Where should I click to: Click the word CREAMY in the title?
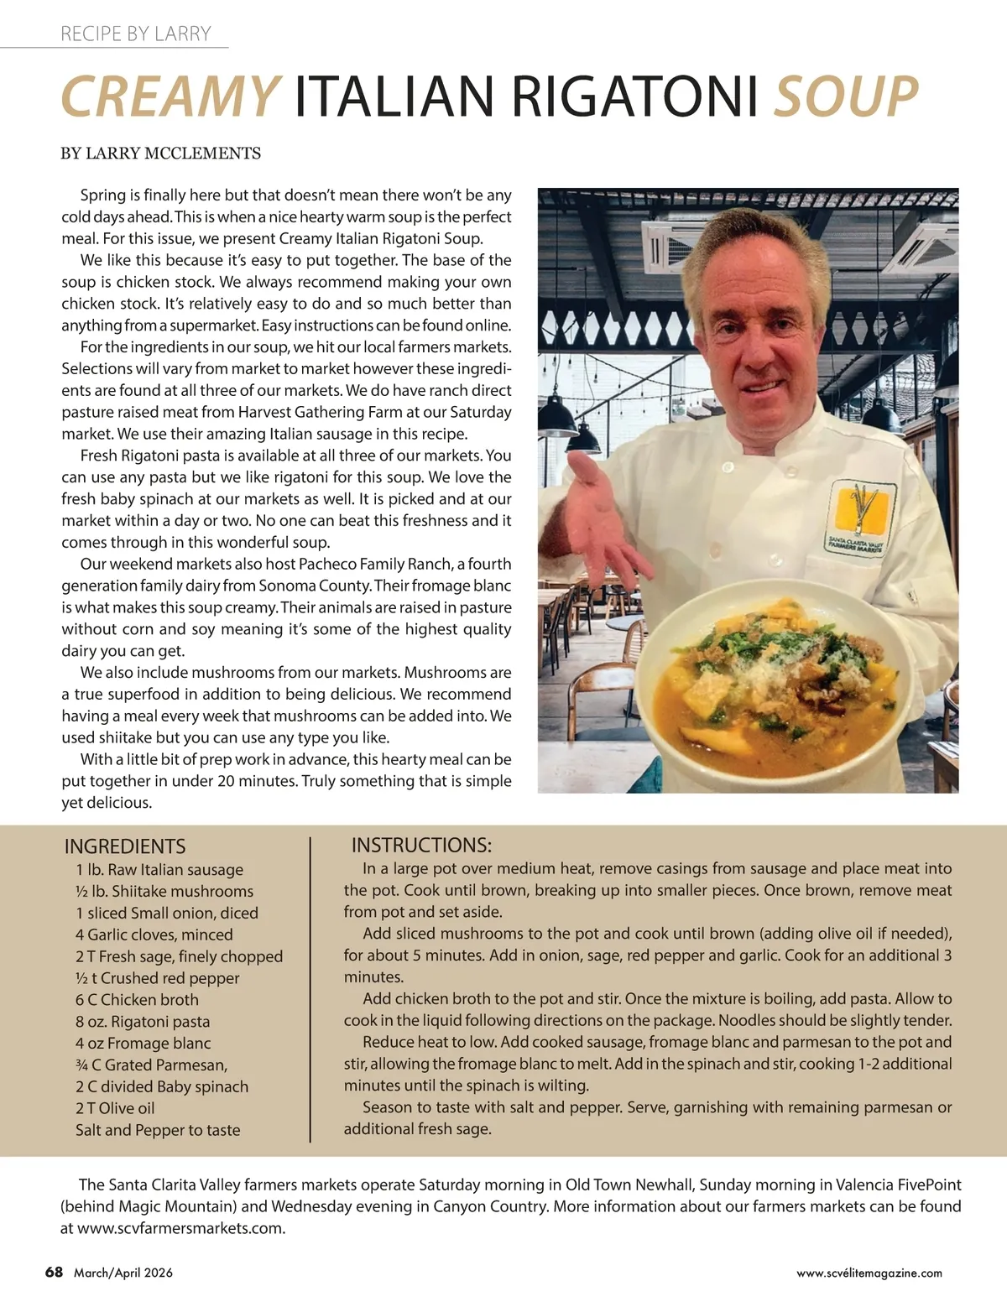(x=170, y=96)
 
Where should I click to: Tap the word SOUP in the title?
(x=845, y=96)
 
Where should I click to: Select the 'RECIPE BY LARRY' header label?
(x=135, y=34)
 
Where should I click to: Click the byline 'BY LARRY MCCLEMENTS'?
(x=160, y=154)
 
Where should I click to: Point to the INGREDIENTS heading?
(x=125, y=846)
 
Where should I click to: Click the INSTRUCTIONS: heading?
(x=421, y=845)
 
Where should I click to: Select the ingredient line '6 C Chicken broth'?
(x=137, y=1000)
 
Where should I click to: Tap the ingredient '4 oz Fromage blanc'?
(x=143, y=1044)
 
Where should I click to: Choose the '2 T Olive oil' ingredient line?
(x=115, y=1108)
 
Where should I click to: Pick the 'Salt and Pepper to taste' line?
(x=158, y=1130)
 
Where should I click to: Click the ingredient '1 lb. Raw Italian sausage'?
(x=159, y=870)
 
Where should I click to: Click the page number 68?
(x=54, y=1272)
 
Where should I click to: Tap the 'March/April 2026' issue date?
(x=123, y=1273)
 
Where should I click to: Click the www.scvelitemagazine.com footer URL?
(x=869, y=1273)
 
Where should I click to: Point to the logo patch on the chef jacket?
(x=860, y=517)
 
